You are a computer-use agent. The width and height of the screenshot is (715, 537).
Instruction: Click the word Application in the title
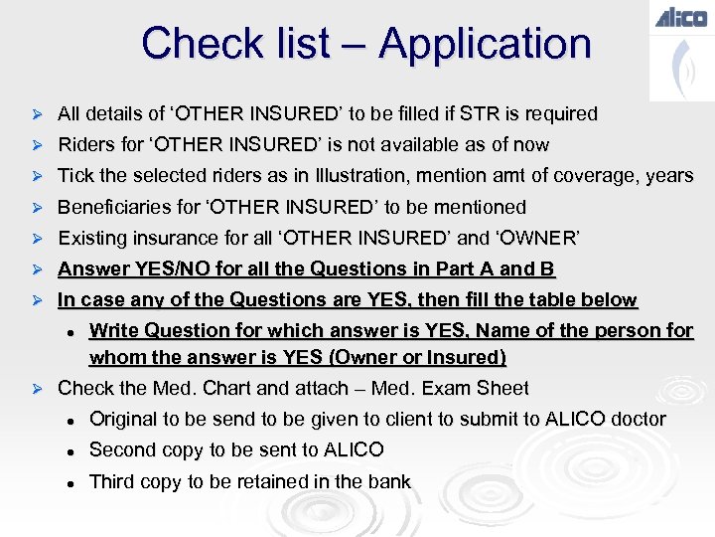tap(485, 44)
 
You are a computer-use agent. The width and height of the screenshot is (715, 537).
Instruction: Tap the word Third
tap(112, 481)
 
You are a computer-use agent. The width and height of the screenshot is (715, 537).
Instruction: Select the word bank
tap(387, 481)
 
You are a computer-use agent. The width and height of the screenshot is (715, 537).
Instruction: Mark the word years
tap(668, 176)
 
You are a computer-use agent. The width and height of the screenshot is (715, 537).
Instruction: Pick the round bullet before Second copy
tap(71, 450)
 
